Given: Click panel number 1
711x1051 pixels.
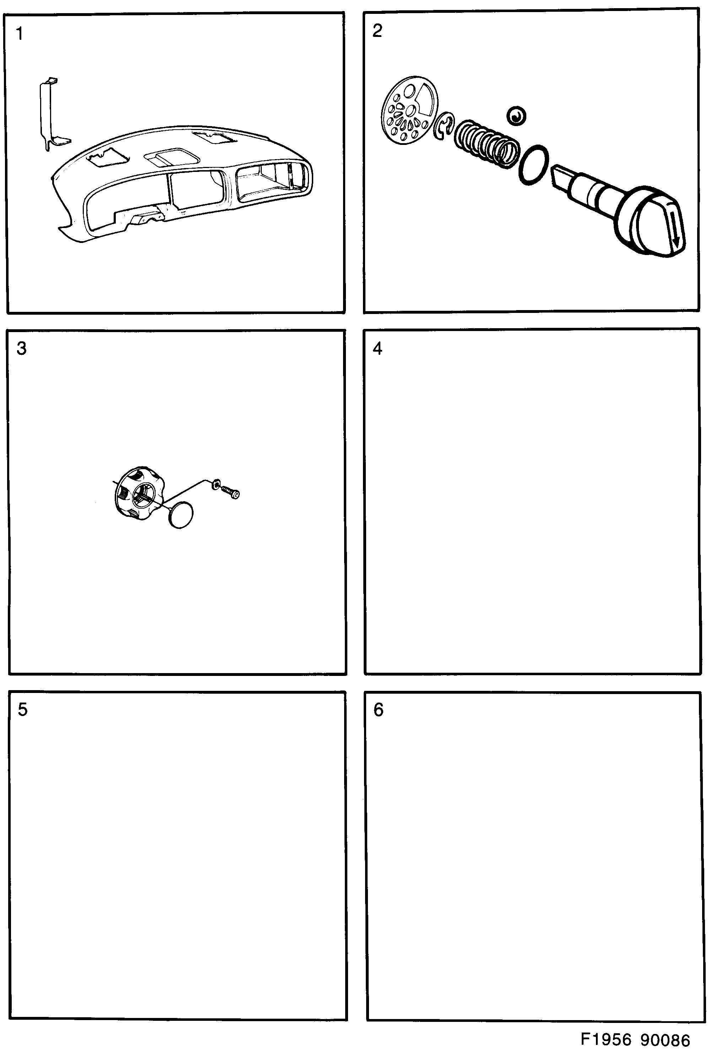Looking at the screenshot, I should click(19, 33).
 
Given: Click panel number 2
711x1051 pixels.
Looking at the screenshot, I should click(377, 31).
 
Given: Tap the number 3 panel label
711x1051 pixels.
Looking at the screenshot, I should click(21, 348).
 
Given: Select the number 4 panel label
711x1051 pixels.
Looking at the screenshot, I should click(377, 348).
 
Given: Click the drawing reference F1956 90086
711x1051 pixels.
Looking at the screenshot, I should click(635, 1039).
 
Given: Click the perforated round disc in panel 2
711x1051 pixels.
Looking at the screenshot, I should click(409, 110).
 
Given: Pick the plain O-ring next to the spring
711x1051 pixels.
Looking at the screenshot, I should click(534, 164).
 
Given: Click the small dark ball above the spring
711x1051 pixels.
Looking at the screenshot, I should click(516, 116).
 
